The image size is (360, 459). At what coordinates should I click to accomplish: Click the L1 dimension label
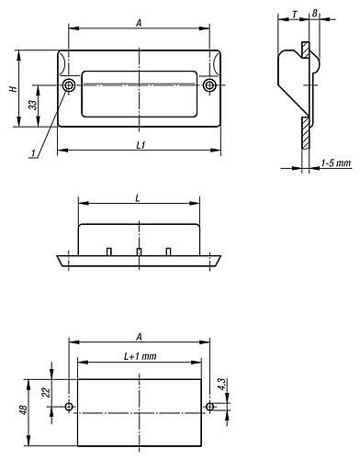[x=141, y=145]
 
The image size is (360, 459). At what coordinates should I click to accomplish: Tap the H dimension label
[x=13, y=89]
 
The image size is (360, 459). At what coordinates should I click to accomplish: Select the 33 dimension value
[x=33, y=105]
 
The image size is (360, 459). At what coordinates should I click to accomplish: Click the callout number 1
[x=33, y=152]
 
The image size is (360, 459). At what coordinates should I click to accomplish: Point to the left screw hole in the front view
[x=69, y=85]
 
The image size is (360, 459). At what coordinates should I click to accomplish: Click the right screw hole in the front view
[x=209, y=85]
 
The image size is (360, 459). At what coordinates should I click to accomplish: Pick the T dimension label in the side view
[x=295, y=14]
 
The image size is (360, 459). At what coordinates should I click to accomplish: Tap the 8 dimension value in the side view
[x=315, y=13]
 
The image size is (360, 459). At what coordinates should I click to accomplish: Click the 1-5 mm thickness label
[x=336, y=162]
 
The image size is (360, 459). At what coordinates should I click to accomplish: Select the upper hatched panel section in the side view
[x=305, y=50]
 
